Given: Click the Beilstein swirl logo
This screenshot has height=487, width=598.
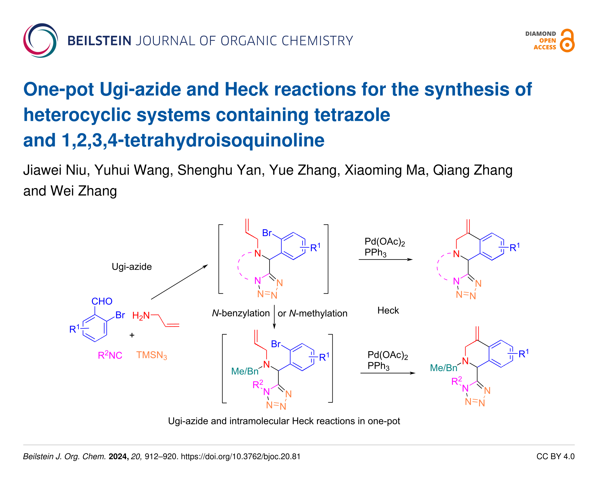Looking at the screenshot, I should point(40,40).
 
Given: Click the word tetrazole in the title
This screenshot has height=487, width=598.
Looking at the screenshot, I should point(352,115).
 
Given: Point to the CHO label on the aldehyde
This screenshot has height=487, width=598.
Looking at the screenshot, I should point(102,301).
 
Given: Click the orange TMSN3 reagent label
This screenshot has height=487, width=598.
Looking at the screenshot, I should point(151,355).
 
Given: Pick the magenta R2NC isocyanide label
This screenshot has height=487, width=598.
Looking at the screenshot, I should point(110,355).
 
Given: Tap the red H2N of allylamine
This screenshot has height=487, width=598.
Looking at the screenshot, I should point(141,316).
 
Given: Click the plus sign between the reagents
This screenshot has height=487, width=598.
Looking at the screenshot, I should point(132,335).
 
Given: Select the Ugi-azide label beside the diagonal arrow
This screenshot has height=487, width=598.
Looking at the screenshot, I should point(132,266).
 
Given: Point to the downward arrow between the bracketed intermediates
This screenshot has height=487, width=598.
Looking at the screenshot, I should point(274,317).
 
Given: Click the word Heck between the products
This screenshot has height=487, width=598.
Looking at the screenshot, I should point(388,311).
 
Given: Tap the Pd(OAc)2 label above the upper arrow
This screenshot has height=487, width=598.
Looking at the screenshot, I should point(385,242).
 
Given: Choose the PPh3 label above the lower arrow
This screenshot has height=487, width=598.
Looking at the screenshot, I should point(378,366).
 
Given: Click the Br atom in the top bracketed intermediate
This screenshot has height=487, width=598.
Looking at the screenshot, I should point(267,233).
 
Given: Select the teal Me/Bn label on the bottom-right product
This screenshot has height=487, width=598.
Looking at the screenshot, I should point(444,368).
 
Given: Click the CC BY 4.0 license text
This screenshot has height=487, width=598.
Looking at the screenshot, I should point(555,456).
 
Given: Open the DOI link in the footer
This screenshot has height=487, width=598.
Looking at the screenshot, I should point(240,456).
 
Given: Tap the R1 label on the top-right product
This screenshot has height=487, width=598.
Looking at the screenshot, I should point(514,248).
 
